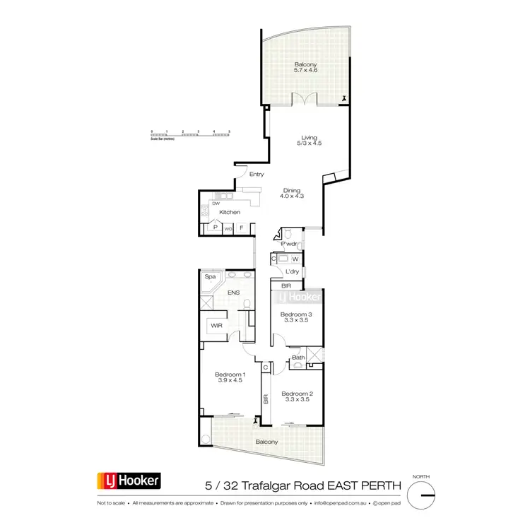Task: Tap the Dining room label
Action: tap(292, 190)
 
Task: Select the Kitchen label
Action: tap(230, 212)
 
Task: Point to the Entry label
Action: tap(257, 175)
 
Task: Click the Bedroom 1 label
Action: tap(230, 374)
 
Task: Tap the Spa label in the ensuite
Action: tap(210, 277)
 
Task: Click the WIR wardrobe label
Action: tap(216, 326)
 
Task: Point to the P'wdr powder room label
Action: tap(288, 245)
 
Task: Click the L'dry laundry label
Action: tap(285, 272)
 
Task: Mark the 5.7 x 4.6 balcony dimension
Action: tap(306, 71)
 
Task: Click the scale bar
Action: tap(191, 133)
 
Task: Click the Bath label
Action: tap(298, 358)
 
